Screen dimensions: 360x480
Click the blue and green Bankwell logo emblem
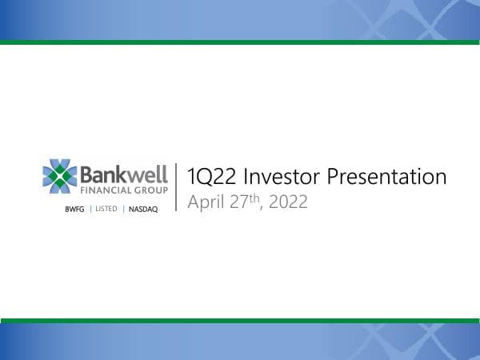coord(60,177)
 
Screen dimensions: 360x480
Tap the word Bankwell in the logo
coord(125,174)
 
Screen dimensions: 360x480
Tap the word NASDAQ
coord(144,209)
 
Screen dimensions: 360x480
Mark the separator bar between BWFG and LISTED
coord(90,209)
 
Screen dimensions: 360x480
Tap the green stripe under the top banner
coord(240,42)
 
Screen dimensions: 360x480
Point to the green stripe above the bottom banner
coord(240,320)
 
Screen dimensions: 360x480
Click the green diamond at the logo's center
coord(60,177)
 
